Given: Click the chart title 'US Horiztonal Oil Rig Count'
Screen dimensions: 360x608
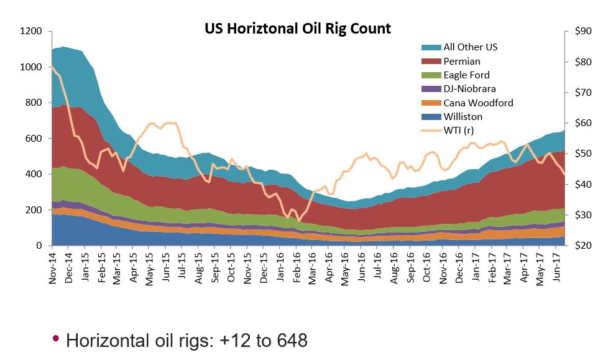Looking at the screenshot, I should (x=298, y=28).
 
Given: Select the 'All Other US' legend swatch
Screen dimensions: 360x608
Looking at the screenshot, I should (x=430, y=47).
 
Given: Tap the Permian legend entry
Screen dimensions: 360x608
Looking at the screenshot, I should (x=461, y=62).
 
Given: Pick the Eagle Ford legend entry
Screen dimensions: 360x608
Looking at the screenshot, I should (x=466, y=75).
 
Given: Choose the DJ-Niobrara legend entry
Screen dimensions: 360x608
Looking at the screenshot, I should (x=469, y=89).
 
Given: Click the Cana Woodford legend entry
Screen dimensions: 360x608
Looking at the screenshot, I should (x=478, y=103).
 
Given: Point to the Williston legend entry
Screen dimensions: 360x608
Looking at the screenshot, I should (x=463, y=116).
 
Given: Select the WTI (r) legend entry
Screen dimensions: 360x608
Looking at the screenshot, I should (x=461, y=130).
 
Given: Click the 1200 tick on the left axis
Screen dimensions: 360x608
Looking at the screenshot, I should (x=31, y=31).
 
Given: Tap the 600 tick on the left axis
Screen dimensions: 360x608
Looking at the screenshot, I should (x=34, y=139).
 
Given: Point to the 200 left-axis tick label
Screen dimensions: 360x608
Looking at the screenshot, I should (x=34, y=210).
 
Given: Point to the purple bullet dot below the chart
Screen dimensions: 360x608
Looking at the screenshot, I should (x=55, y=339).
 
